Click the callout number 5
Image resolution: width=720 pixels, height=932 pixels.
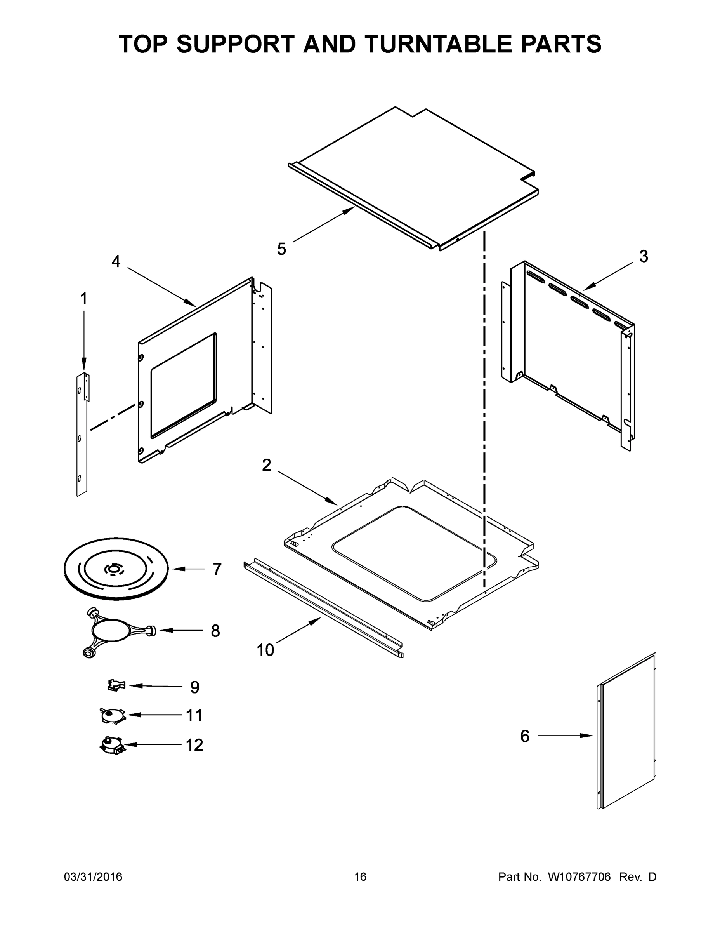point(281,249)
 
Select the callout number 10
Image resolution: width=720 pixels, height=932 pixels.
point(265,650)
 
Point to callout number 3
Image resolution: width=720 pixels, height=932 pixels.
point(644,256)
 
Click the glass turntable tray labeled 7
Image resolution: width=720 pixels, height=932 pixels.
point(116,569)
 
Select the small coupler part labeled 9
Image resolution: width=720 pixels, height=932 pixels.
point(116,685)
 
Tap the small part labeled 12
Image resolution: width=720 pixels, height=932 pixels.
point(111,746)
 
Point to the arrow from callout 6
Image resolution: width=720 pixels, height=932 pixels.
point(565,735)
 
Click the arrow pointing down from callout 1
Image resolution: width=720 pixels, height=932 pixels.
point(84,341)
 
